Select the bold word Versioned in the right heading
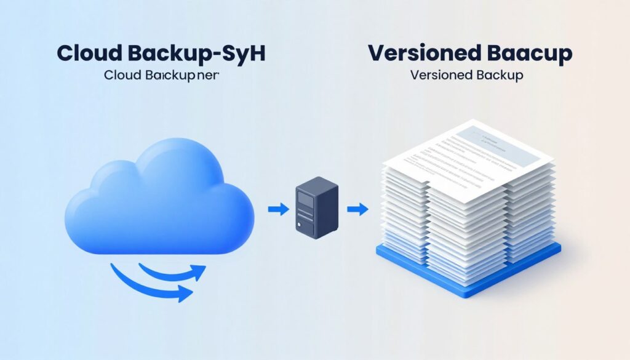[421, 53]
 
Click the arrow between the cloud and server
[279, 210]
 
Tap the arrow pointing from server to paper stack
[357, 210]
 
